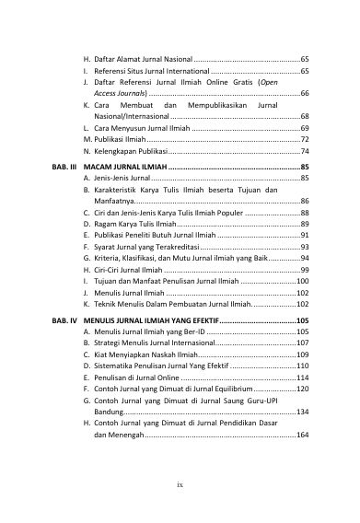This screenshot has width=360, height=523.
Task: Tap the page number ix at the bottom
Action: pyautogui.click(x=180, y=480)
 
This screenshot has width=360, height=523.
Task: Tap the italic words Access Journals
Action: pyautogui.click(x=120, y=93)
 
